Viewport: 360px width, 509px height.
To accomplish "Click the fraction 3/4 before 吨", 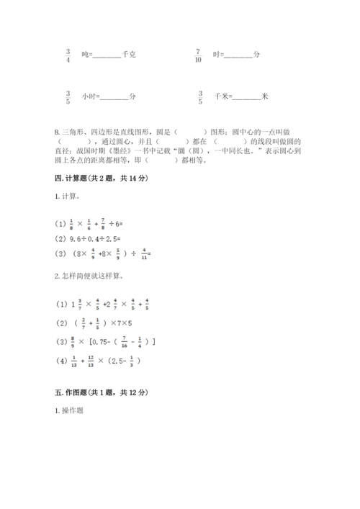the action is tap(68, 55).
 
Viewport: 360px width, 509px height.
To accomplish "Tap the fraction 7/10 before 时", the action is tap(199, 55).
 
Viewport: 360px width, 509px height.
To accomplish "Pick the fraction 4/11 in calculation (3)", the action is tap(145, 253).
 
